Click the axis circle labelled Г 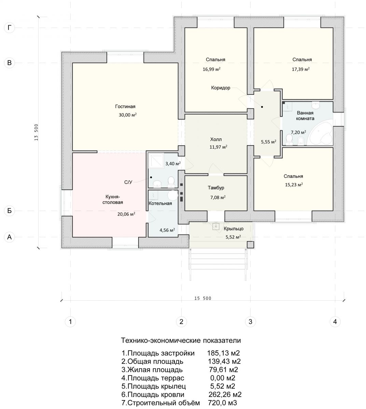(9, 28)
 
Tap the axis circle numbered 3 (250, 321)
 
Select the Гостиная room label (125, 106)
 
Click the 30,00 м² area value (128, 115)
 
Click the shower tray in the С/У (156, 161)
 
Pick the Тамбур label (216, 188)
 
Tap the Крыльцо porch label (233, 229)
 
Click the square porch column (250, 245)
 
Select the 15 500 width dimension (202, 298)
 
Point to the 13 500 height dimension (36, 132)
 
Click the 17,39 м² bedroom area (300, 69)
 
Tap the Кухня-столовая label (112, 199)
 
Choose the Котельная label (160, 203)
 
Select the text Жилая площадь (155, 370)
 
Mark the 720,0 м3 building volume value (222, 403)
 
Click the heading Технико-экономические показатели (181, 340)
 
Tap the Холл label (216, 139)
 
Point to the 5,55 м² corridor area (269, 142)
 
